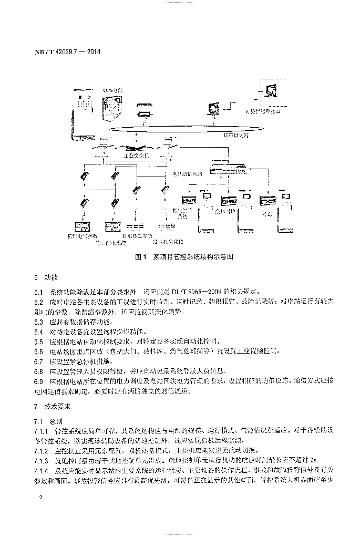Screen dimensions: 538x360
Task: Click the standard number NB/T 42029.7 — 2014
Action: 67,53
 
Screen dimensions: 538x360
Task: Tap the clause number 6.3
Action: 38,322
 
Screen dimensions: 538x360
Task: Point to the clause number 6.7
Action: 38,361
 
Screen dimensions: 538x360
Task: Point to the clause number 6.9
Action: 38,381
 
